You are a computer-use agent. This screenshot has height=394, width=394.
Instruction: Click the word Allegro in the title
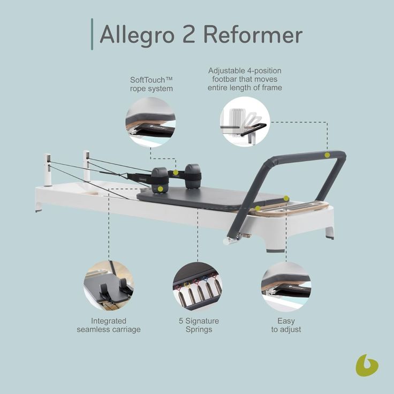tap(137, 35)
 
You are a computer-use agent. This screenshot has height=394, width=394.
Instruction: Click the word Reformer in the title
tap(253, 34)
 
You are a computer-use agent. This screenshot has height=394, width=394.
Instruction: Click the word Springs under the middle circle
tap(199, 330)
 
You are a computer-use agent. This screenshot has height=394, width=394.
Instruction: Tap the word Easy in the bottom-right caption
tap(286, 321)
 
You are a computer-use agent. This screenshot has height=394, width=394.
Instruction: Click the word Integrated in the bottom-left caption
tap(109, 321)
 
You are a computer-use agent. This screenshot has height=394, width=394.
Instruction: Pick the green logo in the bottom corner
tap(367, 366)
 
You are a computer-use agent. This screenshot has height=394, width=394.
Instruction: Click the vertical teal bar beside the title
tap(92, 34)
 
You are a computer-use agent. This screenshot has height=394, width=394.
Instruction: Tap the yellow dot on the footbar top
tap(327, 155)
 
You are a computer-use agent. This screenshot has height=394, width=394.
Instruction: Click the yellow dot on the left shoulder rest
tap(160, 189)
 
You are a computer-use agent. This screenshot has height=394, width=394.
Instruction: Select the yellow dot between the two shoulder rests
tap(176, 172)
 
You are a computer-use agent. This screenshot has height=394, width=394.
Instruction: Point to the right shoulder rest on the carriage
tap(193, 177)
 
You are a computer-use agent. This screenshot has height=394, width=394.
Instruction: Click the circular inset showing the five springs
tap(198, 286)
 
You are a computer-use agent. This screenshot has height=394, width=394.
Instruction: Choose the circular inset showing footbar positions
tap(245, 122)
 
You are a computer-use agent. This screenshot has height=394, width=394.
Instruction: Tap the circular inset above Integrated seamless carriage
tap(109, 285)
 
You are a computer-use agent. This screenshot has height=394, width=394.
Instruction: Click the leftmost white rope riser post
tap(47, 170)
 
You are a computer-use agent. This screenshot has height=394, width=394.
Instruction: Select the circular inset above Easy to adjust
tap(286, 287)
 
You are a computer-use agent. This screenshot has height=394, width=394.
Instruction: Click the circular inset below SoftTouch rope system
tap(150, 122)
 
